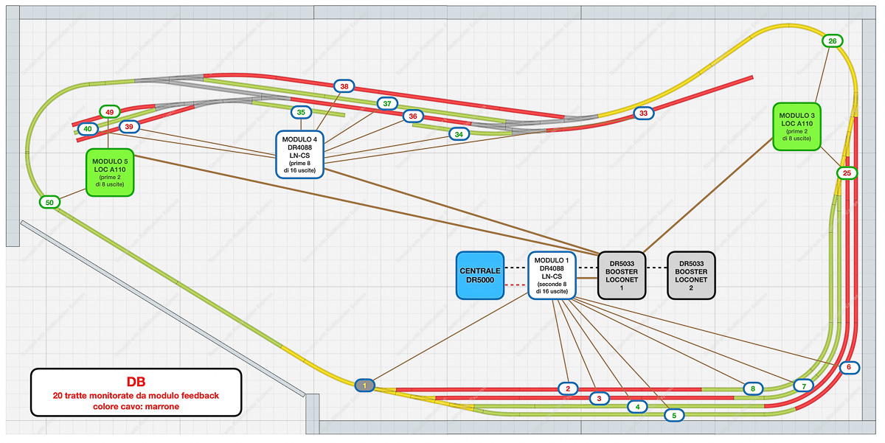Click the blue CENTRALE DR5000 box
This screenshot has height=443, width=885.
(479, 276)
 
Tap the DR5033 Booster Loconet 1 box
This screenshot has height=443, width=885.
(622, 275)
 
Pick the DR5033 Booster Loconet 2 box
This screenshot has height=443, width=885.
(691, 275)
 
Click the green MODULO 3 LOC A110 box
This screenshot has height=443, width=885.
(796, 126)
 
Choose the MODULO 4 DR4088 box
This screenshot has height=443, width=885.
(300, 154)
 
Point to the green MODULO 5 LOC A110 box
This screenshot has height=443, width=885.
(109, 171)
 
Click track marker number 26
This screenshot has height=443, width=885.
(833, 41)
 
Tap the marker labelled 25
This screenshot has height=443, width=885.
(847, 173)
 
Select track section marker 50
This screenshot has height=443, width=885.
(50, 202)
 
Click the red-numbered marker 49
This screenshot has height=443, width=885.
(109, 112)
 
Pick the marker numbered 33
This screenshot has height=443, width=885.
(644, 114)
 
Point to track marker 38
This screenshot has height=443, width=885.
(344, 86)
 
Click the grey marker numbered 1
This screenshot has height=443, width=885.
(365, 385)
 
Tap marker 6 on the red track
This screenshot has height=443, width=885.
(849, 367)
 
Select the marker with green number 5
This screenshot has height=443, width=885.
(673, 416)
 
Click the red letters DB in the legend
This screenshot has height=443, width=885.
(136, 382)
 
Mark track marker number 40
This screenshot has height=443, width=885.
(87, 129)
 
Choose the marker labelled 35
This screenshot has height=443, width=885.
(301, 113)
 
